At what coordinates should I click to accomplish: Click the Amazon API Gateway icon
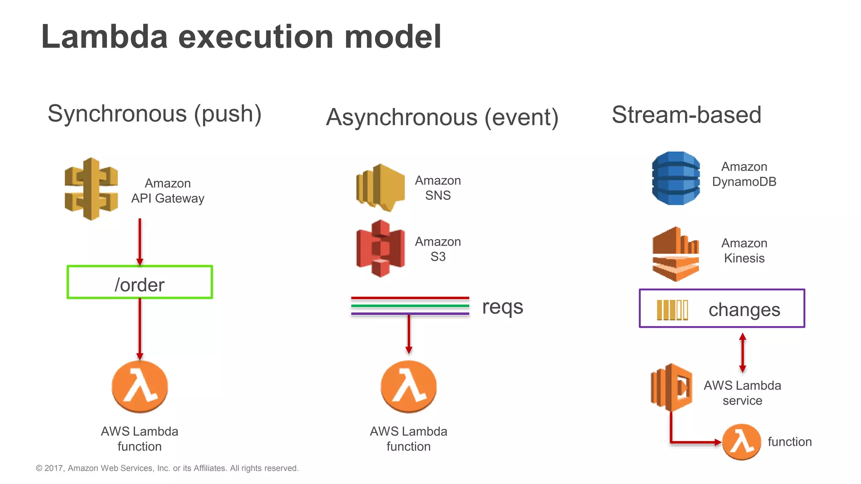click(x=91, y=189)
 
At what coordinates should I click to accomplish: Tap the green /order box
click(x=140, y=282)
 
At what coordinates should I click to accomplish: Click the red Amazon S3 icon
click(x=380, y=248)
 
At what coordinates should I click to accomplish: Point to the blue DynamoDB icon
click(x=676, y=178)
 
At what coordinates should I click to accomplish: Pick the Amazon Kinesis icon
click(x=676, y=254)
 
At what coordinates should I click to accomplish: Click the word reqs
click(x=502, y=307)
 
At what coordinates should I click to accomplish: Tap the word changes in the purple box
click(x=744, y=310)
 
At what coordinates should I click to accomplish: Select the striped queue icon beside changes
click(x=672, y=310)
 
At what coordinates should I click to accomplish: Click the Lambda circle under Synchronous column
click(x=140, y=387)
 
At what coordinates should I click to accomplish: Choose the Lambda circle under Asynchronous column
click(x=409, y=387)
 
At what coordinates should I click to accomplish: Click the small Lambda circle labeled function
click(x=742, y=442)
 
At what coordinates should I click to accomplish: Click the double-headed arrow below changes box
click(x=742, y=353)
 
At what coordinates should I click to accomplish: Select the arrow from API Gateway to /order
click(x=140, y=242)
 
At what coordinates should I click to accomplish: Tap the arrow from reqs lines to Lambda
click(x=409, y=334)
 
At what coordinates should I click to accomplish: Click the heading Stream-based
click(x=686, y=115)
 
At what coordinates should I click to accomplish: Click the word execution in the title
click(x=256, y=37)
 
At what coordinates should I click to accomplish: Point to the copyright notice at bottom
click(x=167, y=468)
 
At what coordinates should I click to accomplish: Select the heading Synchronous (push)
click(x=154, y=114)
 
